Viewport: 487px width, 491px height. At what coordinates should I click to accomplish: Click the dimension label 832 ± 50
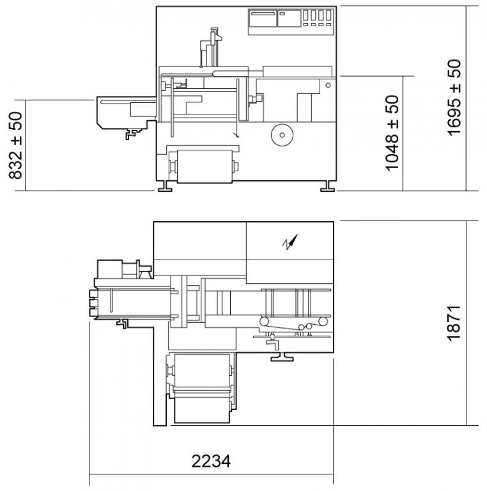[15, 146]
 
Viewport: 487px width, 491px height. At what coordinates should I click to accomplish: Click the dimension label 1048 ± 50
[392, 134]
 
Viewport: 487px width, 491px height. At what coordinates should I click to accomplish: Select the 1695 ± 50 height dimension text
[454, 97]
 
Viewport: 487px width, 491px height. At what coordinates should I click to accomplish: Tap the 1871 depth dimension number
[454, 323]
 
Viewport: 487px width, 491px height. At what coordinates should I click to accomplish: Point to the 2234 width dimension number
[211, 461]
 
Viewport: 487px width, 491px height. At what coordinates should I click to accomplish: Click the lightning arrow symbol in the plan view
[290, 242]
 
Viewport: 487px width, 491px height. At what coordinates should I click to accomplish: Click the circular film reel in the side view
[282, 135]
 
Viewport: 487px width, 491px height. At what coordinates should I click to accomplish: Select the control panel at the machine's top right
[291, 22]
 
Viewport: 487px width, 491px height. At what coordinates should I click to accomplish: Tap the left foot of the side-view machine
[165, 186]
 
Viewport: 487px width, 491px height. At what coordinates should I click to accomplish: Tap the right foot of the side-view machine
[328, 186]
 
